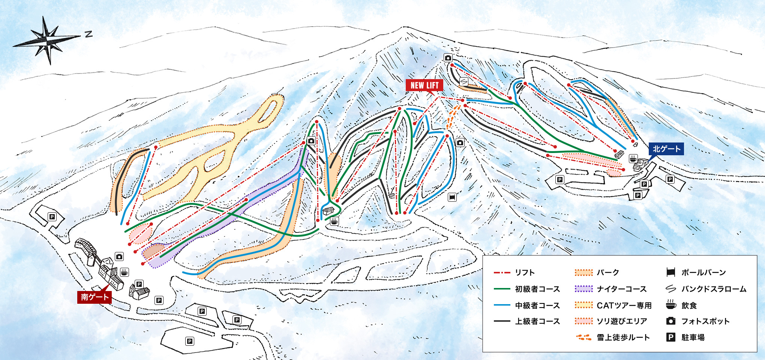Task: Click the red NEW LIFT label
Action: (x=424, y=85)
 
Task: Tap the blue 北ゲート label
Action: (x=666, y=149)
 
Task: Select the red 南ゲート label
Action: (x=94, y=297)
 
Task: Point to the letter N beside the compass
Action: (x=88, y=34)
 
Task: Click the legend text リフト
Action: (x=525, y=273)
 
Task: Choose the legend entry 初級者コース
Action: (x=537, y=289)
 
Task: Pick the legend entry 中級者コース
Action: (x=537, y=306)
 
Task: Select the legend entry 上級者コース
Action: (x=537, y=321)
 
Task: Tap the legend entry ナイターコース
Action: (x=621, y=289)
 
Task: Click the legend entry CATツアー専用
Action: (x=624, y=306)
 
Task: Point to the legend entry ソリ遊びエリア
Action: (x=622, y=321)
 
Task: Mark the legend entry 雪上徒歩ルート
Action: (x=623, y=337)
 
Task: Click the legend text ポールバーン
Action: (x=703, y=273)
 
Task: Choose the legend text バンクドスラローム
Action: (x=714, y=289)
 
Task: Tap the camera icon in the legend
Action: (x=671, y=321)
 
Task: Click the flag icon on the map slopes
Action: (x=452, y=197)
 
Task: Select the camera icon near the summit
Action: (x=448, y=58)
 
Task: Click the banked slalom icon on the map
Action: (x=464, y=81)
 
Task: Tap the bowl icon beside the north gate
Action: (x=633, y=158)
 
